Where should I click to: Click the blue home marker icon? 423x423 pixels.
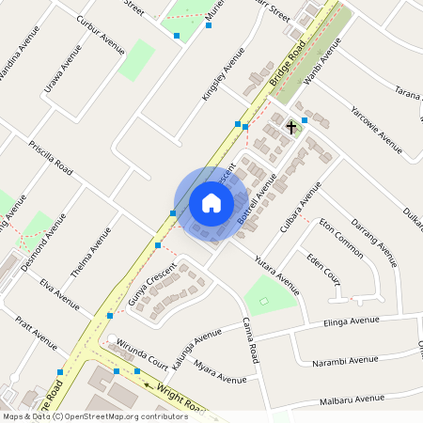click(x=211, y=202)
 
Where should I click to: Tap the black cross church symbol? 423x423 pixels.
click(x=291, y=126)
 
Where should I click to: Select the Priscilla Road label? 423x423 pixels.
click(x=51, y=159)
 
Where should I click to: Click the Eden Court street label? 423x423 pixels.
click(x=322, y=268)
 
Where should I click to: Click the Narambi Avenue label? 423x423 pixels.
click(x=352, y=358)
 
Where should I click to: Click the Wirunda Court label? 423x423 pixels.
click(x=144, y=353)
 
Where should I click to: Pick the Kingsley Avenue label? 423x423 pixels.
click(x=215, y=74)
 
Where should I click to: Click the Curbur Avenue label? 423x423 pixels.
click(x=101, y=35)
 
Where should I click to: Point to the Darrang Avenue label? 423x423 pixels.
click(x=373, y=235)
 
